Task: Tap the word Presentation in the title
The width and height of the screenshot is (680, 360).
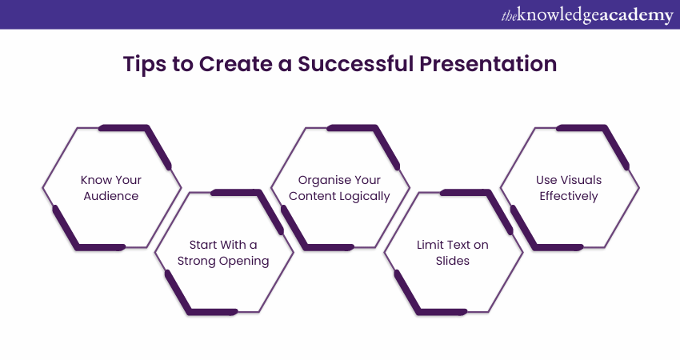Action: [x=488, y=64]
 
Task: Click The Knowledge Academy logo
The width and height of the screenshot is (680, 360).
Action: [x=587, y=14]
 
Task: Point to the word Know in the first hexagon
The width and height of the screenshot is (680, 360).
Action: [x=94, y=180]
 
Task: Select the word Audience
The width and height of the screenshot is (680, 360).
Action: [x=111, y=196]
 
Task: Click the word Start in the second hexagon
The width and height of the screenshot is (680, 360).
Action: [x=203, y=245]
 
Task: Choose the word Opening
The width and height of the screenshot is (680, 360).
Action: [x=244, y=262]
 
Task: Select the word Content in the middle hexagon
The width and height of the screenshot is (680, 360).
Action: [x=313, y=196]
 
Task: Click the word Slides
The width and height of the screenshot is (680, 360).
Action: [x=452, y=261]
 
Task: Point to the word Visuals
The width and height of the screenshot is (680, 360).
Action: [x=581, y=180]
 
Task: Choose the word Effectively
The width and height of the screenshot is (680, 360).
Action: [x=569, y=197]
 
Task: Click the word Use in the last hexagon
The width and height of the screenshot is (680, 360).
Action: [x=546, y=180]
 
